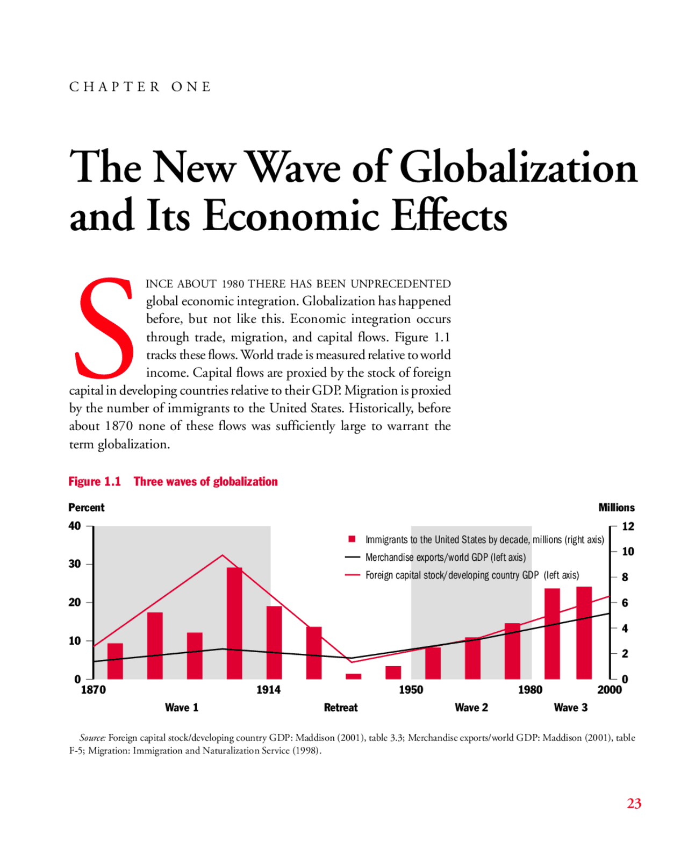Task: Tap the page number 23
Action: point(634,803)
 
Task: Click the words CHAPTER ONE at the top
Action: point(140,87)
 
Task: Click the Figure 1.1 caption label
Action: point(95,481)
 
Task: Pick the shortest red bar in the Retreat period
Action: point(353,676)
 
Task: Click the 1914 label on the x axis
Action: point(268,690)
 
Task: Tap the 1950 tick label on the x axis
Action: point(411,690)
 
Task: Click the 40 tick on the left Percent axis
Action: point(75,526)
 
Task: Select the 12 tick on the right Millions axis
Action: point(628,526)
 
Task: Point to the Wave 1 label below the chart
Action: point(182,708)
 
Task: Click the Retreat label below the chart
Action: point(341,708)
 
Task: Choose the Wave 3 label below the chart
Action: point(570,708)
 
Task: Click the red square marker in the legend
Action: point(352,539)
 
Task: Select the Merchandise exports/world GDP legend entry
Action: point(445,558)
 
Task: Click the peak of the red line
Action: point(223,555)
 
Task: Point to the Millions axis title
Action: point(616,508)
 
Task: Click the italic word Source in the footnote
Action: point(92,738)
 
